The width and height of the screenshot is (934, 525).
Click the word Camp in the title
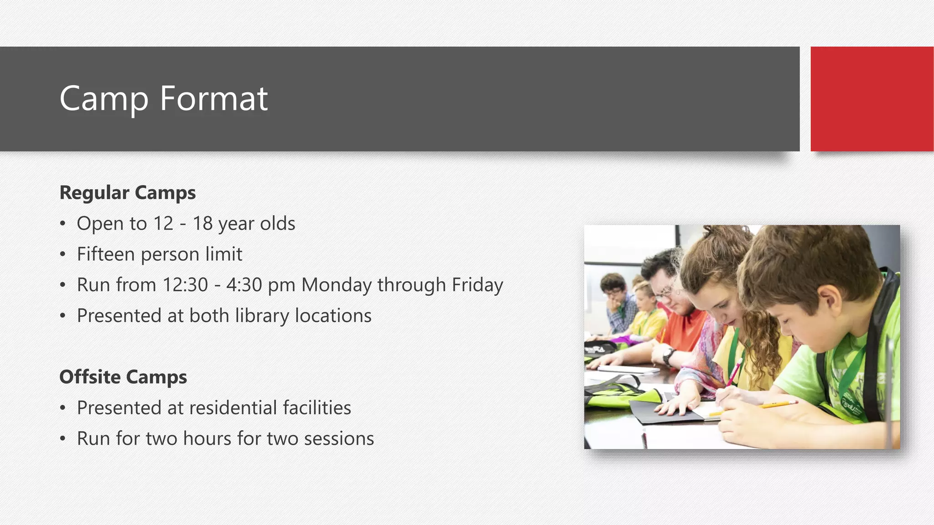104,99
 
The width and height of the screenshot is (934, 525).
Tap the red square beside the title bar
872,99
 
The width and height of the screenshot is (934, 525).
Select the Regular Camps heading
128,193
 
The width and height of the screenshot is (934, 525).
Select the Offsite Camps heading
123,377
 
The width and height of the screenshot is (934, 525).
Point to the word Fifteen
106,254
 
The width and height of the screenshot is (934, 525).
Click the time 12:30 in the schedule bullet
185,285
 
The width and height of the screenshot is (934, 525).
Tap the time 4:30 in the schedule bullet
244,285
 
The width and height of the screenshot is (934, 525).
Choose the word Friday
477,285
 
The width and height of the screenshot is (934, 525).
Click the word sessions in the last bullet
339,439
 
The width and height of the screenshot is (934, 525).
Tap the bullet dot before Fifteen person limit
63,255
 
